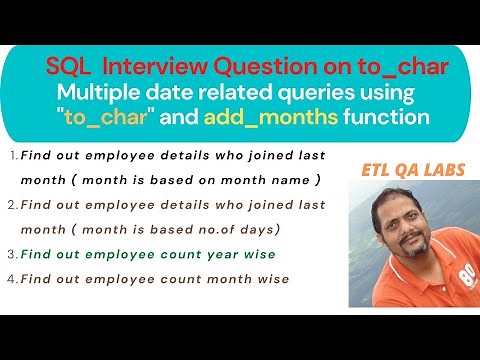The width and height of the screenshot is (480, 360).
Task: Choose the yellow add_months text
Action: pos(285,118)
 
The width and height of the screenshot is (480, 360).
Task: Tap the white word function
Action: pos(386,118)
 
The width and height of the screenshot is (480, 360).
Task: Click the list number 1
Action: pos(11,156)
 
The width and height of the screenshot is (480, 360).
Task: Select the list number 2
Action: pos(11,204)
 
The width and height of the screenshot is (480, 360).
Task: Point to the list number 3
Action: pos(11,254)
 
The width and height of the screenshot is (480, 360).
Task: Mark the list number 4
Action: pos(11,278)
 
